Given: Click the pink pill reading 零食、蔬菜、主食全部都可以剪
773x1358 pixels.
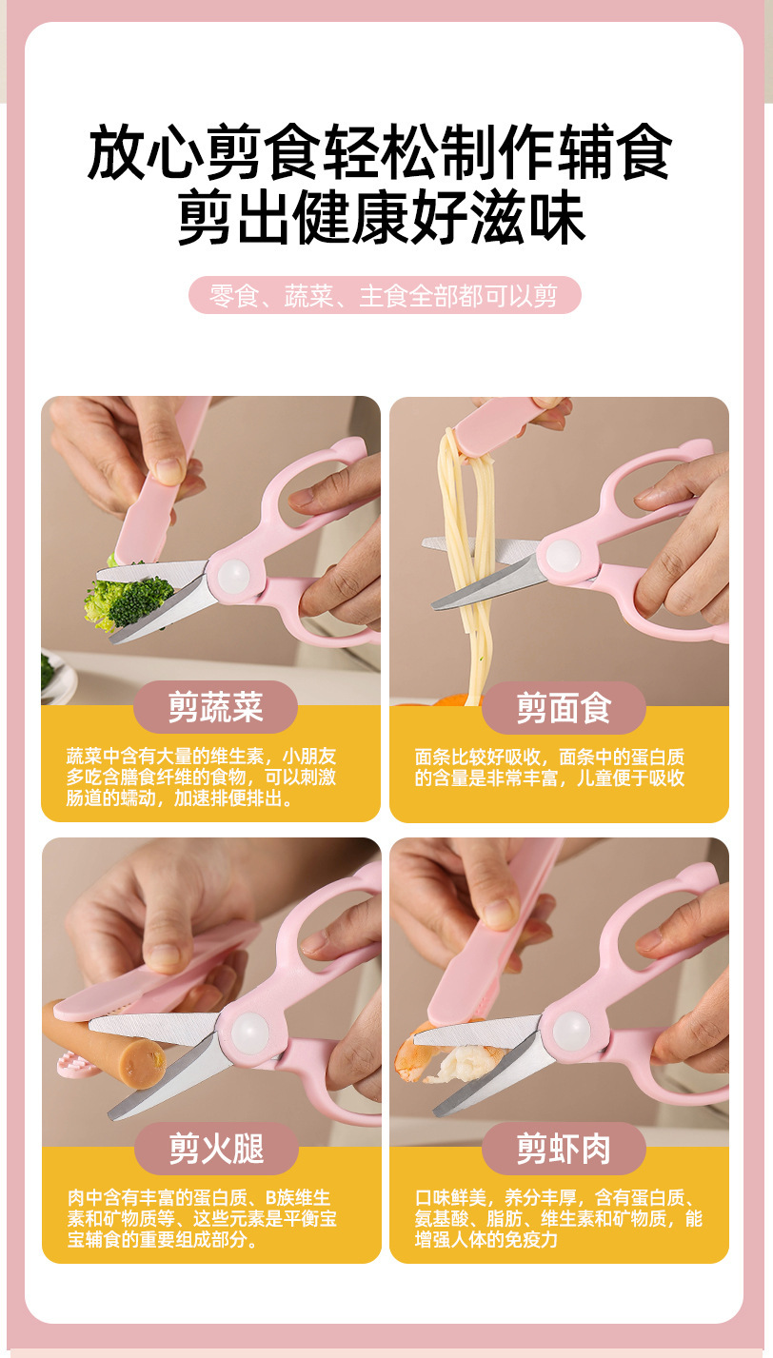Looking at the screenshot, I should click(x=385, y=296).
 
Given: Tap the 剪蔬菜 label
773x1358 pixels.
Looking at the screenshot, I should click(x=215, y=707).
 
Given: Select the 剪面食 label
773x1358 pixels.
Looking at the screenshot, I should click(x=564, y=707).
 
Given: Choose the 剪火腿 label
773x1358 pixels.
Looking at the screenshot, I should click(x=215, y=1149).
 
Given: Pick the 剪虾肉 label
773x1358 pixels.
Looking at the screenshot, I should click(x=564, y=1149).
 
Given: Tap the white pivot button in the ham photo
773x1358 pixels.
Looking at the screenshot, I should click(x=249, y=1031).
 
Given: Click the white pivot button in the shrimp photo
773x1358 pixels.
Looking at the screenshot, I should click(x=571, y=1029).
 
